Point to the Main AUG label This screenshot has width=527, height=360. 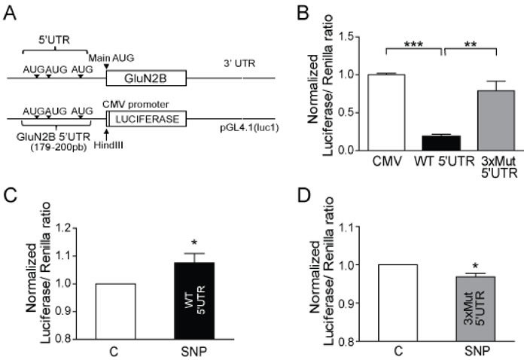[105, 56]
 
